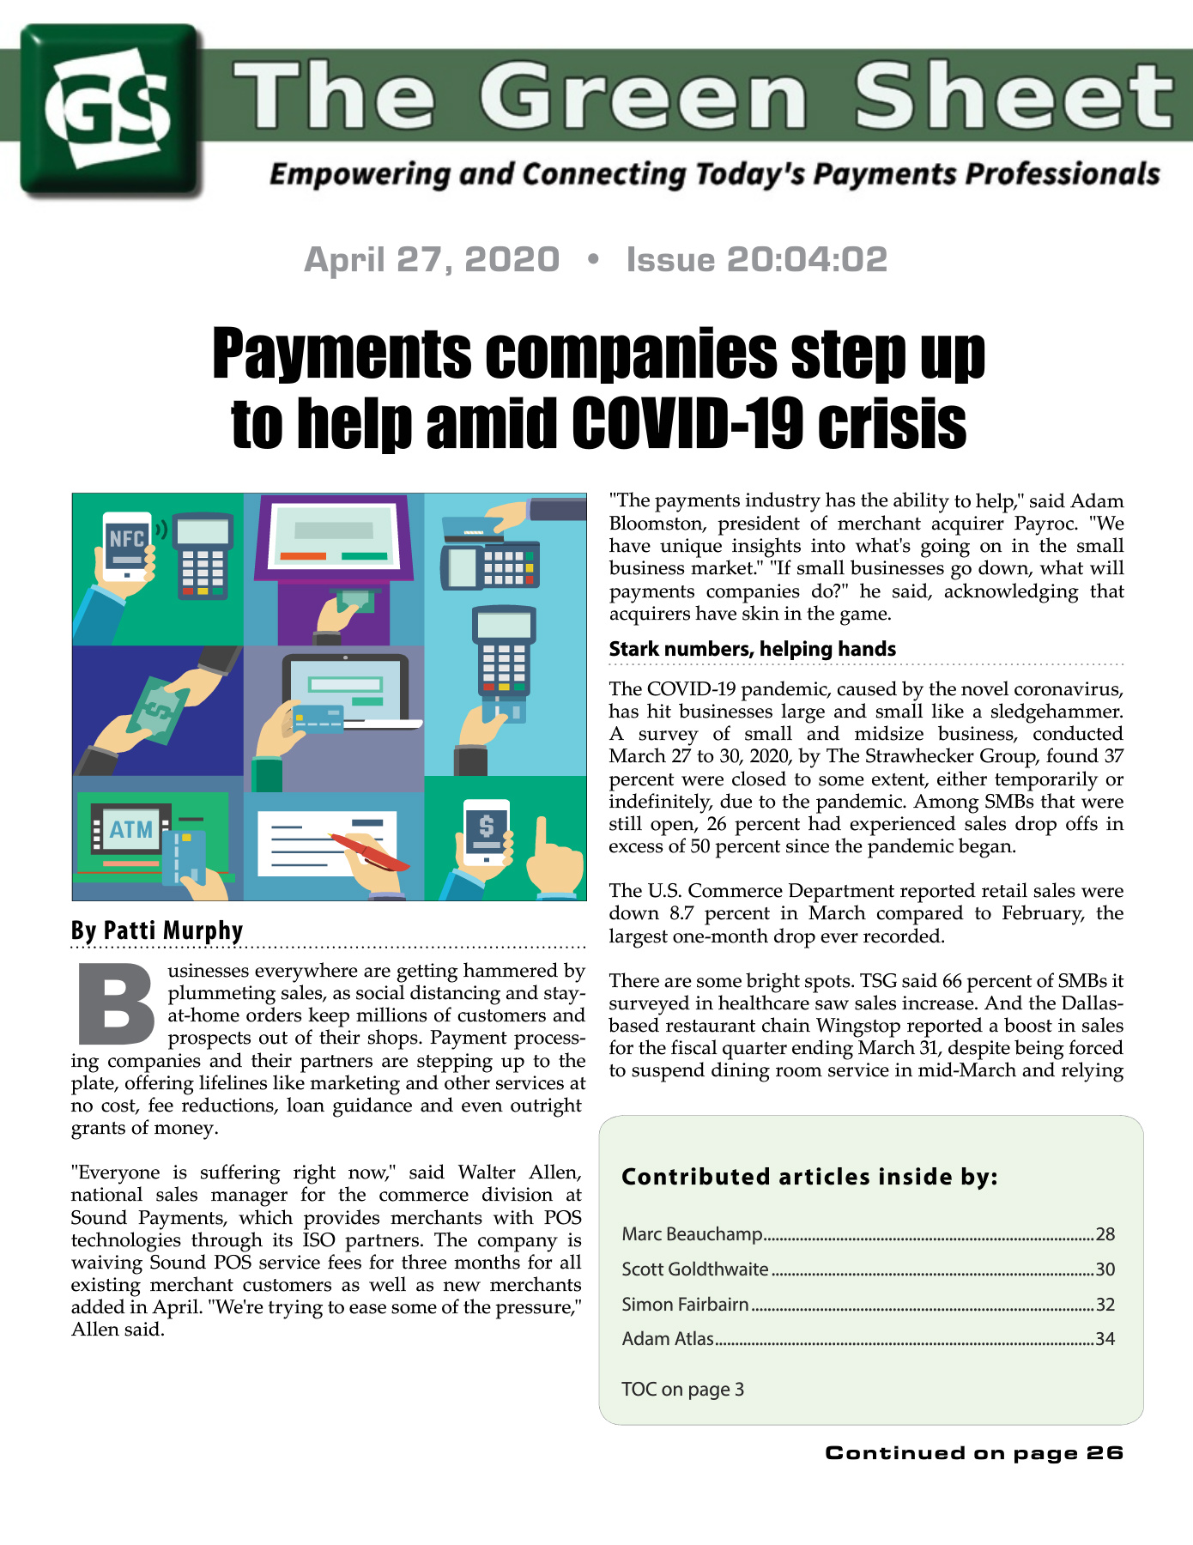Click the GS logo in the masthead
pyautogui.click(x=110, y=110)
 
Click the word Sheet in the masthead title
pyautogui.click(x=1013, y=96)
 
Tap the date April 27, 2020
pyautogui.click(x=432, y=259)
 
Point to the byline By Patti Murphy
pyautogui.click(x=157, y=930)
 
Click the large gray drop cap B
pyautogui.click(x=116, y=1005)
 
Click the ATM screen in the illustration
pyautogui.click(x=130, y=829)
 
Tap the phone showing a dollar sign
pyautogui.click(x=486, y=831)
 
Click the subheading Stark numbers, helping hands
pyautogui.click(x=752, y=649)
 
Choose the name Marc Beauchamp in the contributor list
pyautogui.click(x=692, y=1234)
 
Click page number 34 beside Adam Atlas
pyautogui.click(x=1105, y=1339)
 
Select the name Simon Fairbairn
pyautogui.click(x=685, y=1305)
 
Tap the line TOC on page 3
pyautogui.click(x=682, y=1389)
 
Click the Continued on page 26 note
pyautogui.click(x=973, y=1452)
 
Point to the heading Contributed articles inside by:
pyautogui.click(x=809, y=1177)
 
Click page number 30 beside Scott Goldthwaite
pyautogui.click(x=1105, y=1269)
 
